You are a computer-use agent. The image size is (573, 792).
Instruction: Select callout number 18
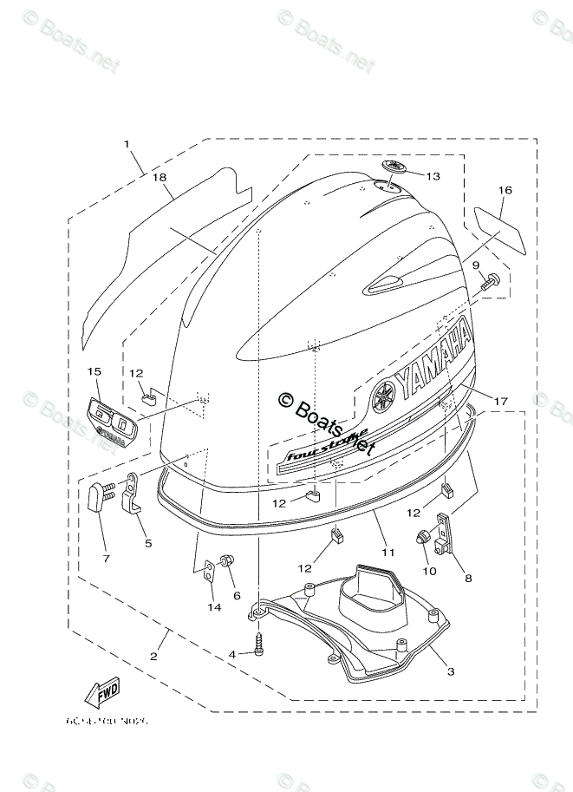[159, 177]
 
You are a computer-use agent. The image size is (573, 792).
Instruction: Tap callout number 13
[432, 176]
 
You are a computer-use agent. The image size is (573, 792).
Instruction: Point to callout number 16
[505, 190]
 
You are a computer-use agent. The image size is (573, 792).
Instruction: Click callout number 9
[476, 265]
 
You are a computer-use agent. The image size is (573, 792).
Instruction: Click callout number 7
[107, 558]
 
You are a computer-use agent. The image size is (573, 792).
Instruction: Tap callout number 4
[232, 653]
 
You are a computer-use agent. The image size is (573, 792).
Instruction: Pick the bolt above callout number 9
[491, 282]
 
